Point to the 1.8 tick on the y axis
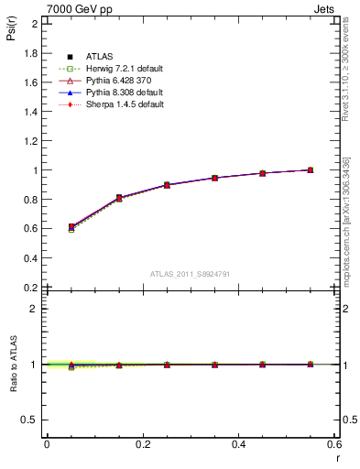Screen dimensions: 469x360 click(32, 53)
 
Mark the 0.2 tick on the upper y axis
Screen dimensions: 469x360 click(32, 287)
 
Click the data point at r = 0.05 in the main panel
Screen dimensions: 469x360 click(71, 226)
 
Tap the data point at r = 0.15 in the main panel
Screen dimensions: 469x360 click(119, 198)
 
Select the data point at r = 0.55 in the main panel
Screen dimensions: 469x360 click(311, 169)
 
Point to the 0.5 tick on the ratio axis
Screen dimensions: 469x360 click(32, 420)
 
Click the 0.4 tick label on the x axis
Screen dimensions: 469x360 click(238, 444)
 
